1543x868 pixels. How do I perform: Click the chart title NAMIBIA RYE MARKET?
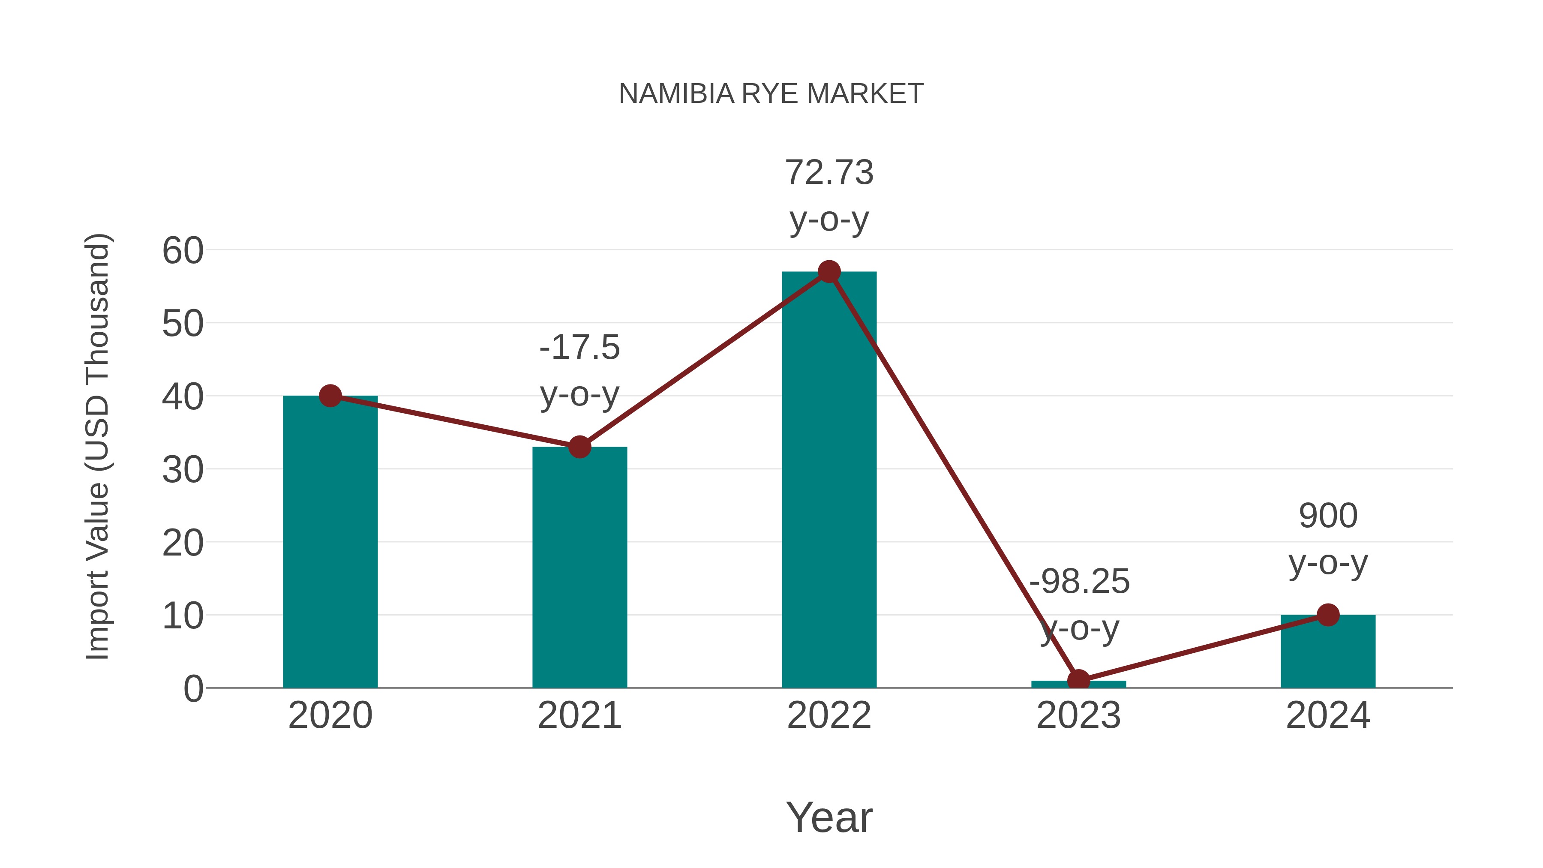click(x=771, y=94)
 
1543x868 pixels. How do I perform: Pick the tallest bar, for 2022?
click(x=829, y=479)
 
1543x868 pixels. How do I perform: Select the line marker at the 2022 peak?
click(x=829, y=272)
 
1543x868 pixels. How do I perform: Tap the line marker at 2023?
click(x=1078, y=681)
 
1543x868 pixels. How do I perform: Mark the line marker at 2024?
click(x=1328, y=615)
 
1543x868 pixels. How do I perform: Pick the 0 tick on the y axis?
click(x=193, y=688)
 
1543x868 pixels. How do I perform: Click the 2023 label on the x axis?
click(x=1078, y=715)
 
